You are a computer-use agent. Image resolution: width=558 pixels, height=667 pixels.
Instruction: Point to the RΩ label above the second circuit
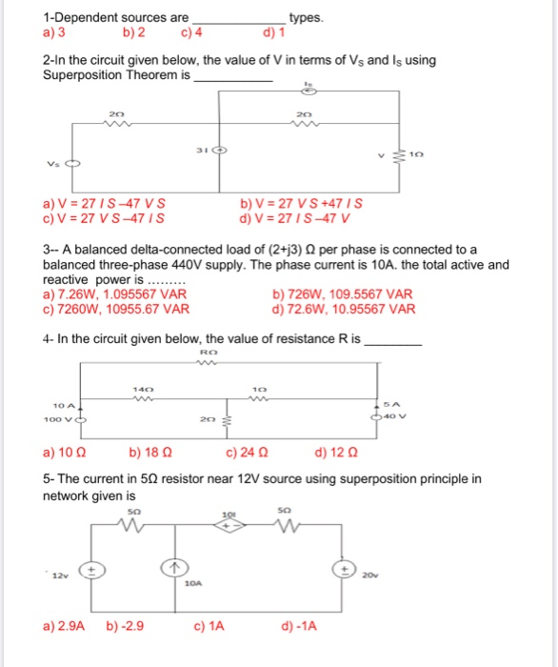click(210, 352)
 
